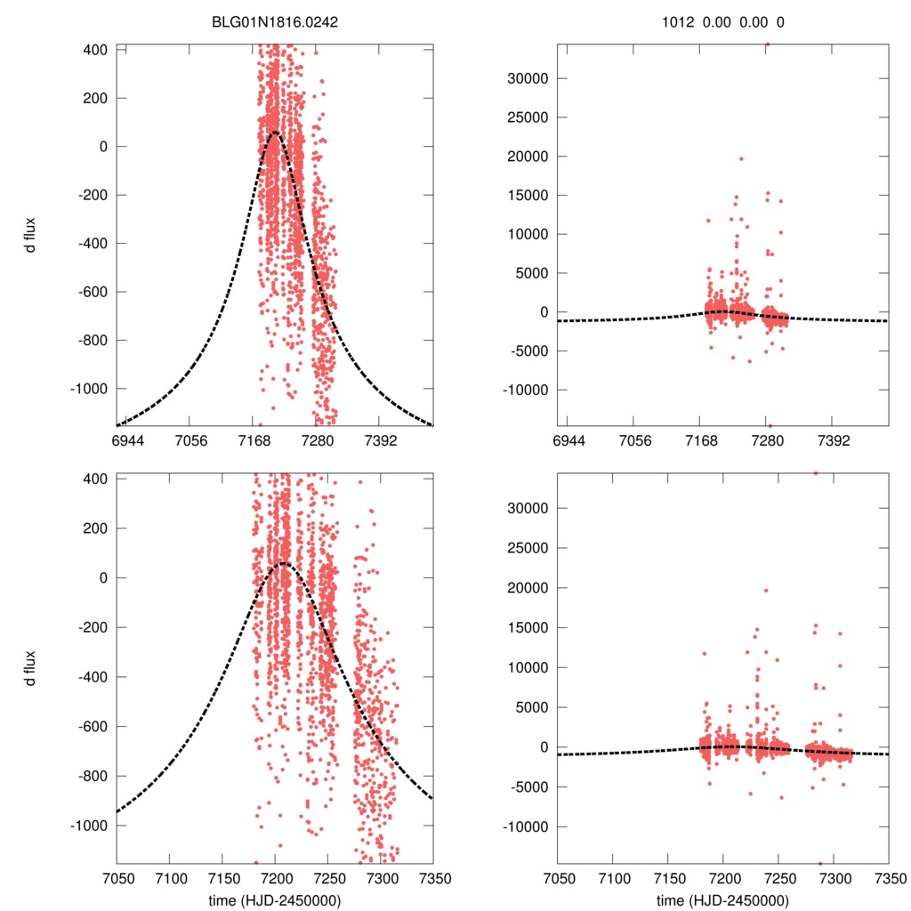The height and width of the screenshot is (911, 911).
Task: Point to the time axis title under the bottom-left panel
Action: [x=275, y=899]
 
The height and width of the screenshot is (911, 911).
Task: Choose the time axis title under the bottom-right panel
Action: [x=723, y=899]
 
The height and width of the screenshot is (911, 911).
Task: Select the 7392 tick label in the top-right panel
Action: [x=831, y=440]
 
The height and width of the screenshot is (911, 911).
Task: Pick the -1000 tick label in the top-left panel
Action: [x=86, y=389]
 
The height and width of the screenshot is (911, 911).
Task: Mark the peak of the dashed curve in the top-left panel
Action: [x=274, y=133]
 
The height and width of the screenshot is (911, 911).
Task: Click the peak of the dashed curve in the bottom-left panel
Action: [x=284, y=563]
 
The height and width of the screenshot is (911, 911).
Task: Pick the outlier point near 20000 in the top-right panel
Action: [x=741, y=158]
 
